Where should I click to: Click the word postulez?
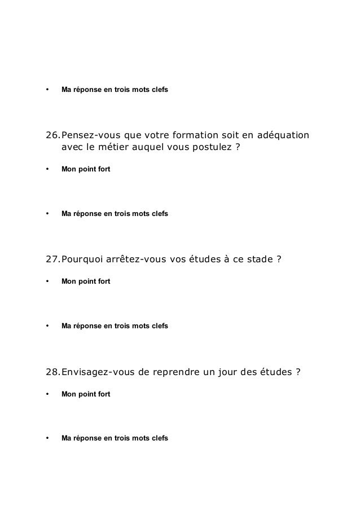point(207,148)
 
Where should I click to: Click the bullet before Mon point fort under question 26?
point(47,169)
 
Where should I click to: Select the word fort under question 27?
point(103,281)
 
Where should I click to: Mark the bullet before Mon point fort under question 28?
point(47,393)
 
